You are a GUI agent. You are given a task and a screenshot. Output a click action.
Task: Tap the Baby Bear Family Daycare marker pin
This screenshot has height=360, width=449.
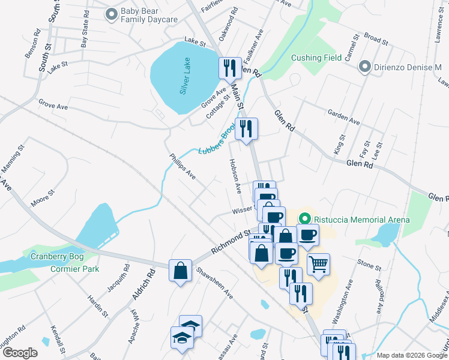111,14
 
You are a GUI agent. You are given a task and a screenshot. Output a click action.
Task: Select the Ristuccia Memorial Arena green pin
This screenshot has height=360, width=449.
305,220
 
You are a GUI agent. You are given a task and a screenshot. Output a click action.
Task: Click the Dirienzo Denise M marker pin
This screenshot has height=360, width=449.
364,67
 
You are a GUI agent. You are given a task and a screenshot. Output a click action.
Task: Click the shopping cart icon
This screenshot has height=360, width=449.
318,264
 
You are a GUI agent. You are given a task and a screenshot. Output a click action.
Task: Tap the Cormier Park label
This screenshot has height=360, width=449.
74,269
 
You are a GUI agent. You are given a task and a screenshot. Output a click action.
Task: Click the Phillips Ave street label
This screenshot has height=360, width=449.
182,166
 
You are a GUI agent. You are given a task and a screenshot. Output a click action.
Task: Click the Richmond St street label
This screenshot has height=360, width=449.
230,241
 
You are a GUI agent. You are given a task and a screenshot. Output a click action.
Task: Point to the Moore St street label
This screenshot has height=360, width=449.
43,198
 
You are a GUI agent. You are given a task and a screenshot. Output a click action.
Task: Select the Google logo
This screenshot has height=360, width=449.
20,353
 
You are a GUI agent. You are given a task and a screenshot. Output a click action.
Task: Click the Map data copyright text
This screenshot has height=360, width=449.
412,355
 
